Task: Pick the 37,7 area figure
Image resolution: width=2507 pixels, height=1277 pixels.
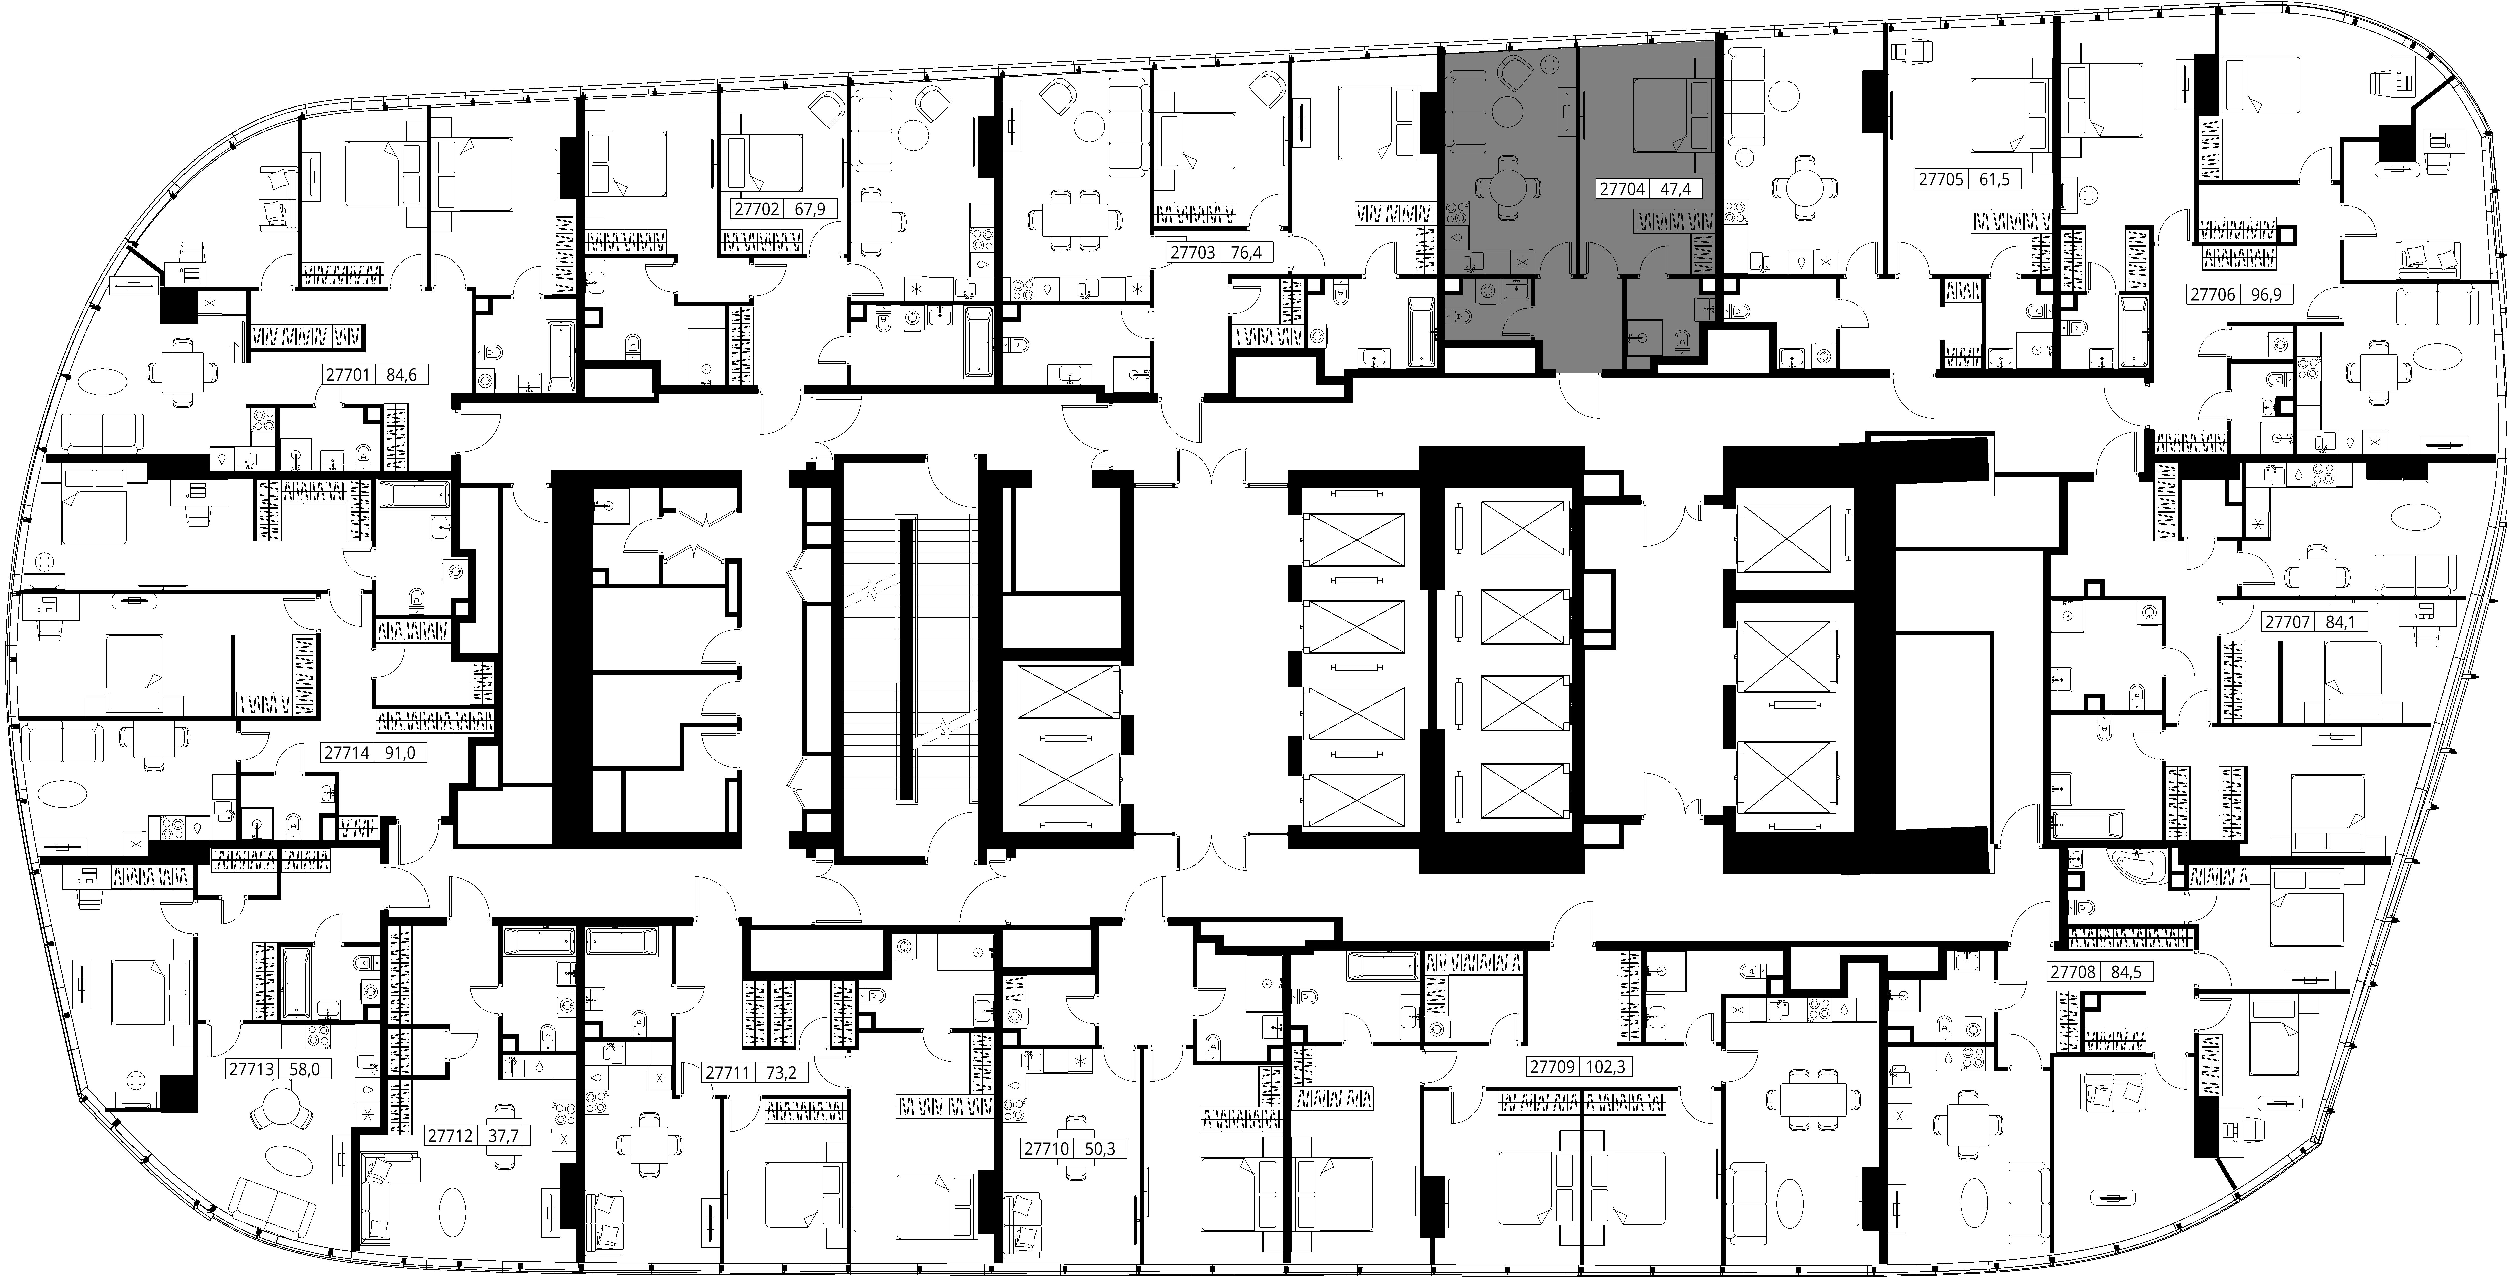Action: (x=502, y=1135)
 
